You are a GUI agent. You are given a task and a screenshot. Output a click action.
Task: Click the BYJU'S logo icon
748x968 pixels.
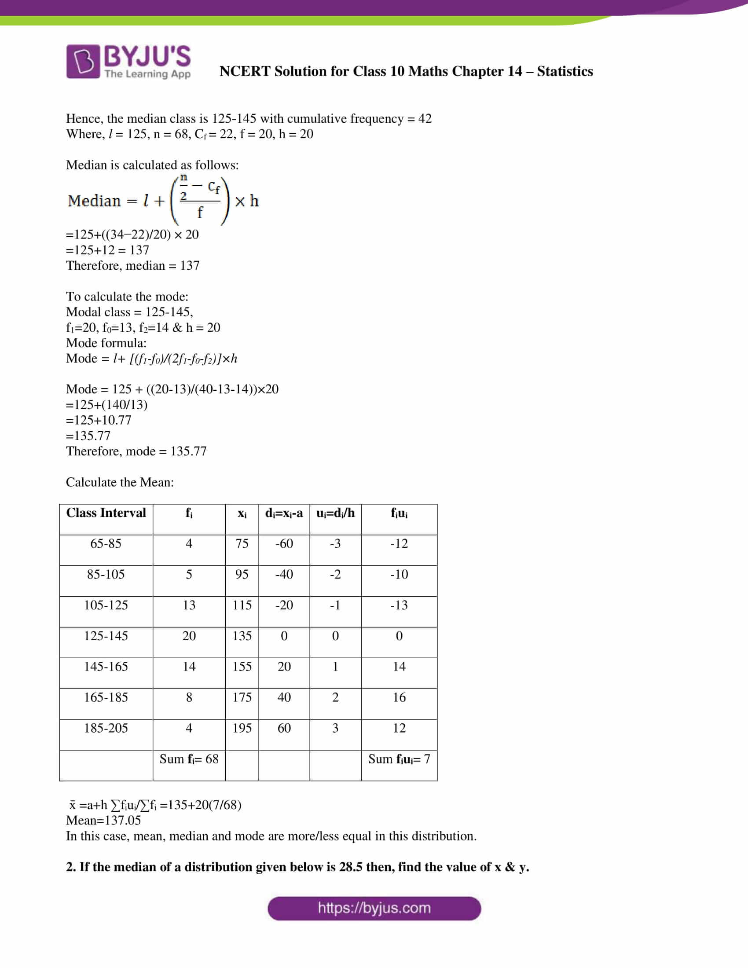pos(83,61)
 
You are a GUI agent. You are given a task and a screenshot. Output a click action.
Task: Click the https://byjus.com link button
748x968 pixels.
pos(374,908)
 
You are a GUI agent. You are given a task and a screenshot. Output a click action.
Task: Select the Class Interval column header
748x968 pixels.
pos(106,513)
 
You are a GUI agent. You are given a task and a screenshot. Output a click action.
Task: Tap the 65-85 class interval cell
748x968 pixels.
pos(106,543)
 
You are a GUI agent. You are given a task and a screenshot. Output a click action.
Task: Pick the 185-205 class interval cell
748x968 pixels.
pos(106,728)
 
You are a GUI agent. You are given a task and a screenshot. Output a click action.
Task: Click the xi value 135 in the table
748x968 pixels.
pos(242,636)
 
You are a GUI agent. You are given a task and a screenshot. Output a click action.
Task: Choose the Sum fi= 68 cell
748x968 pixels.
pos(189,759)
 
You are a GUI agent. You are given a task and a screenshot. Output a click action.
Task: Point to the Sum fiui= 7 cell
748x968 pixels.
pos(399,759)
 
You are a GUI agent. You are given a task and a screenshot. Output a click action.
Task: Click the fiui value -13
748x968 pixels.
pos(399,605)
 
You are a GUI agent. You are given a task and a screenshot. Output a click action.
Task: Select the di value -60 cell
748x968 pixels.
pos(284,543)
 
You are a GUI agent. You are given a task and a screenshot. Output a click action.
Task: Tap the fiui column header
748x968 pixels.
pos(399,513)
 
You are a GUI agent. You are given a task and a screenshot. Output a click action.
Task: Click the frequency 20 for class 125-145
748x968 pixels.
pos(189,636)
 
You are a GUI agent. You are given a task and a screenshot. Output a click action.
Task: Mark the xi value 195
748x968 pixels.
pos(242,728)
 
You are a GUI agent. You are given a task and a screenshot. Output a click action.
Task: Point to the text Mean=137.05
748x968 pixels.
pos(103,821)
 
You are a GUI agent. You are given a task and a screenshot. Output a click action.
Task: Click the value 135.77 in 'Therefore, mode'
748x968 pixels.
pos(188,451)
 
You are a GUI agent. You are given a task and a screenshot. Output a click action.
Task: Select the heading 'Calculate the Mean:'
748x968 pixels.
pos(120,482)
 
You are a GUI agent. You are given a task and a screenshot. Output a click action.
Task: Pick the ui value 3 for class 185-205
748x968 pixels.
pos(335,728)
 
